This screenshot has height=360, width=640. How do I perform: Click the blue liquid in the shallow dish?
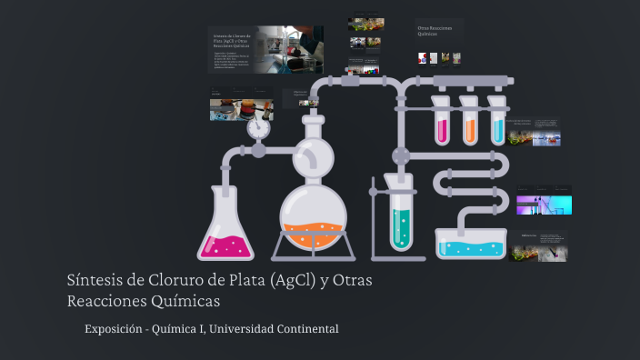[x=470, y=247]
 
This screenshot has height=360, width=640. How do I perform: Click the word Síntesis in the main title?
[x=97, y=279]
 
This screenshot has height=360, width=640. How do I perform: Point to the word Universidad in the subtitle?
[x=244, y=328]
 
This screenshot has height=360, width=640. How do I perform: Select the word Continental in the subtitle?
[x=309, y=328]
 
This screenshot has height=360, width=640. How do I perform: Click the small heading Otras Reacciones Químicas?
[x=435, y=33]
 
